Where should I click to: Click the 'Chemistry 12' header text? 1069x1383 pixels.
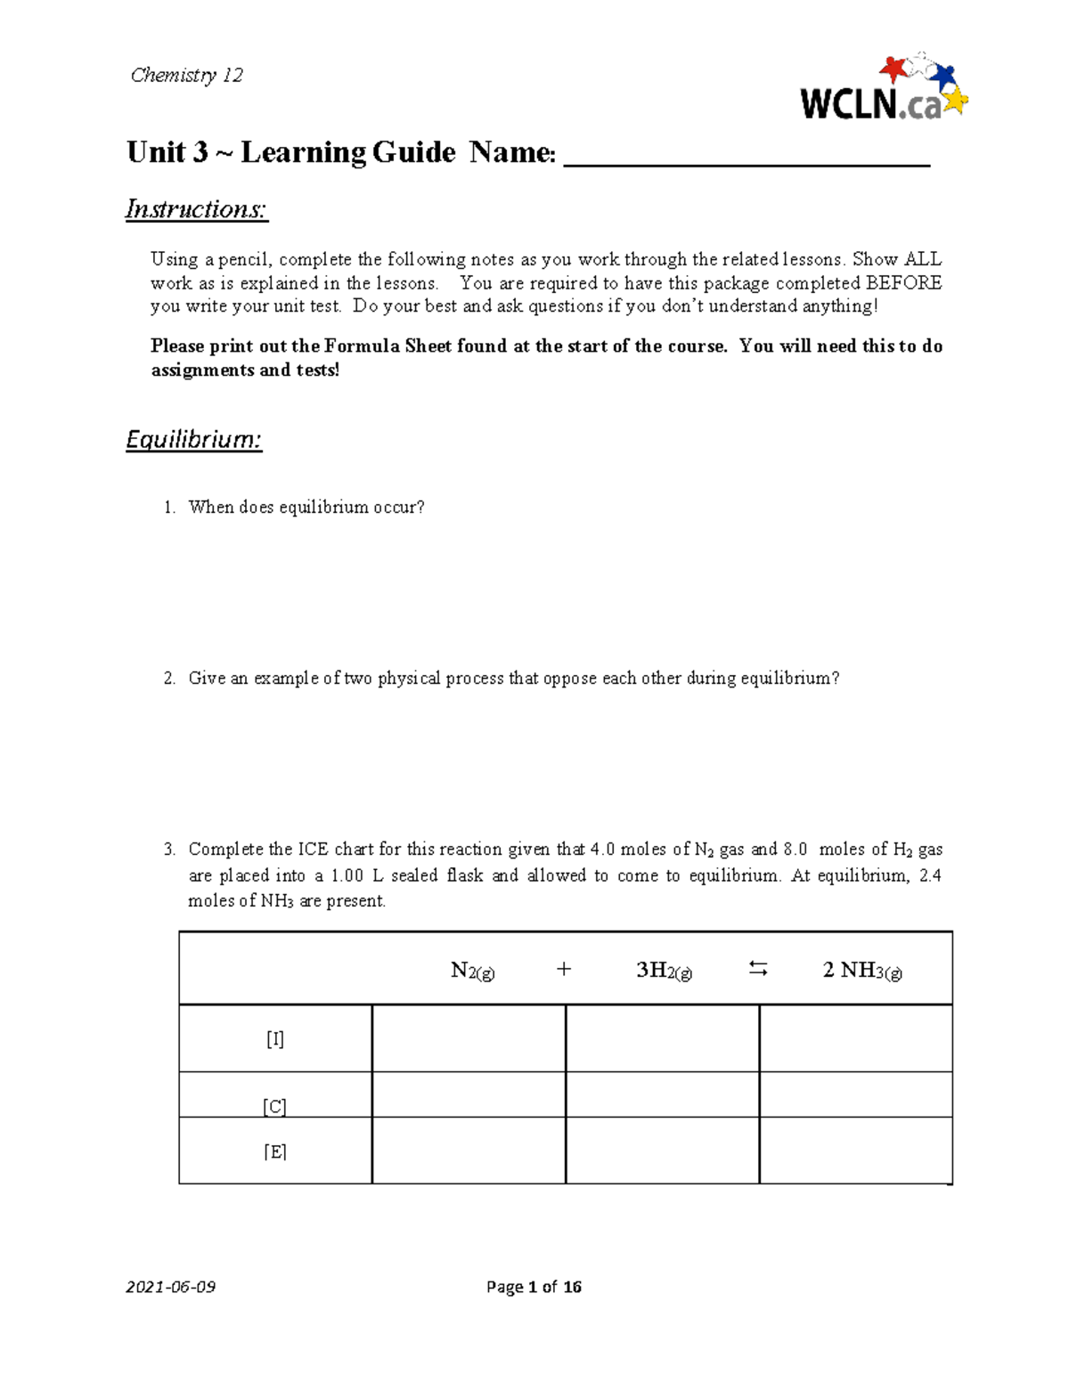pyautogui.click(x=186, y=75)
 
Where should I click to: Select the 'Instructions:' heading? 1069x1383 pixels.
pyautogui.click(x=196, y=209)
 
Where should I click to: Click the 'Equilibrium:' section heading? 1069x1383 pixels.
pyautogui.click(x=193, y=440)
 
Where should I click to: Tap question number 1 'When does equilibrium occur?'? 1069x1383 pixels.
pyautogui.click(x=306, y=508)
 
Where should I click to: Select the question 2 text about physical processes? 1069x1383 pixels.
pyautogui.click(x=513, y=679)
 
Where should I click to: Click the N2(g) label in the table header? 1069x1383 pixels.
pyautogui.click(x=472, y=971)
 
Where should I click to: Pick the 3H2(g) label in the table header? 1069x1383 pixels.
pyautogui.click(x=664, y=971)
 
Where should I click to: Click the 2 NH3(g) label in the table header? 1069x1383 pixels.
pyautogui.click(x=861, y=971)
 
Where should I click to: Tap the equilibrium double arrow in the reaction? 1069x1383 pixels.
pyautogui.click(x=757, y=969)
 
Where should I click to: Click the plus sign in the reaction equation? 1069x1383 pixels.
pyautogui.click(x=563, y=970)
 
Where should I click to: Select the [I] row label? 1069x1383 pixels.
pyautogui.click(x=275, y=1038)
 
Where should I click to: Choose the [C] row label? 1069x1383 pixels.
pyautogui.click(x=275, y=1106)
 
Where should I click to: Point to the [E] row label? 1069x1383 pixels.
pyautogui.click(x=275, y=1151)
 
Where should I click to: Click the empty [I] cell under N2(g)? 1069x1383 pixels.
pyautogui.click(x=469, y=1038)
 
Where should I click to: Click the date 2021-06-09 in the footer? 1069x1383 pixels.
pyautogui.click(x=170, y=1287)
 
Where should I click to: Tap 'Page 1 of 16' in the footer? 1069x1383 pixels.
pyautogui.click(x=534, y=1287)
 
